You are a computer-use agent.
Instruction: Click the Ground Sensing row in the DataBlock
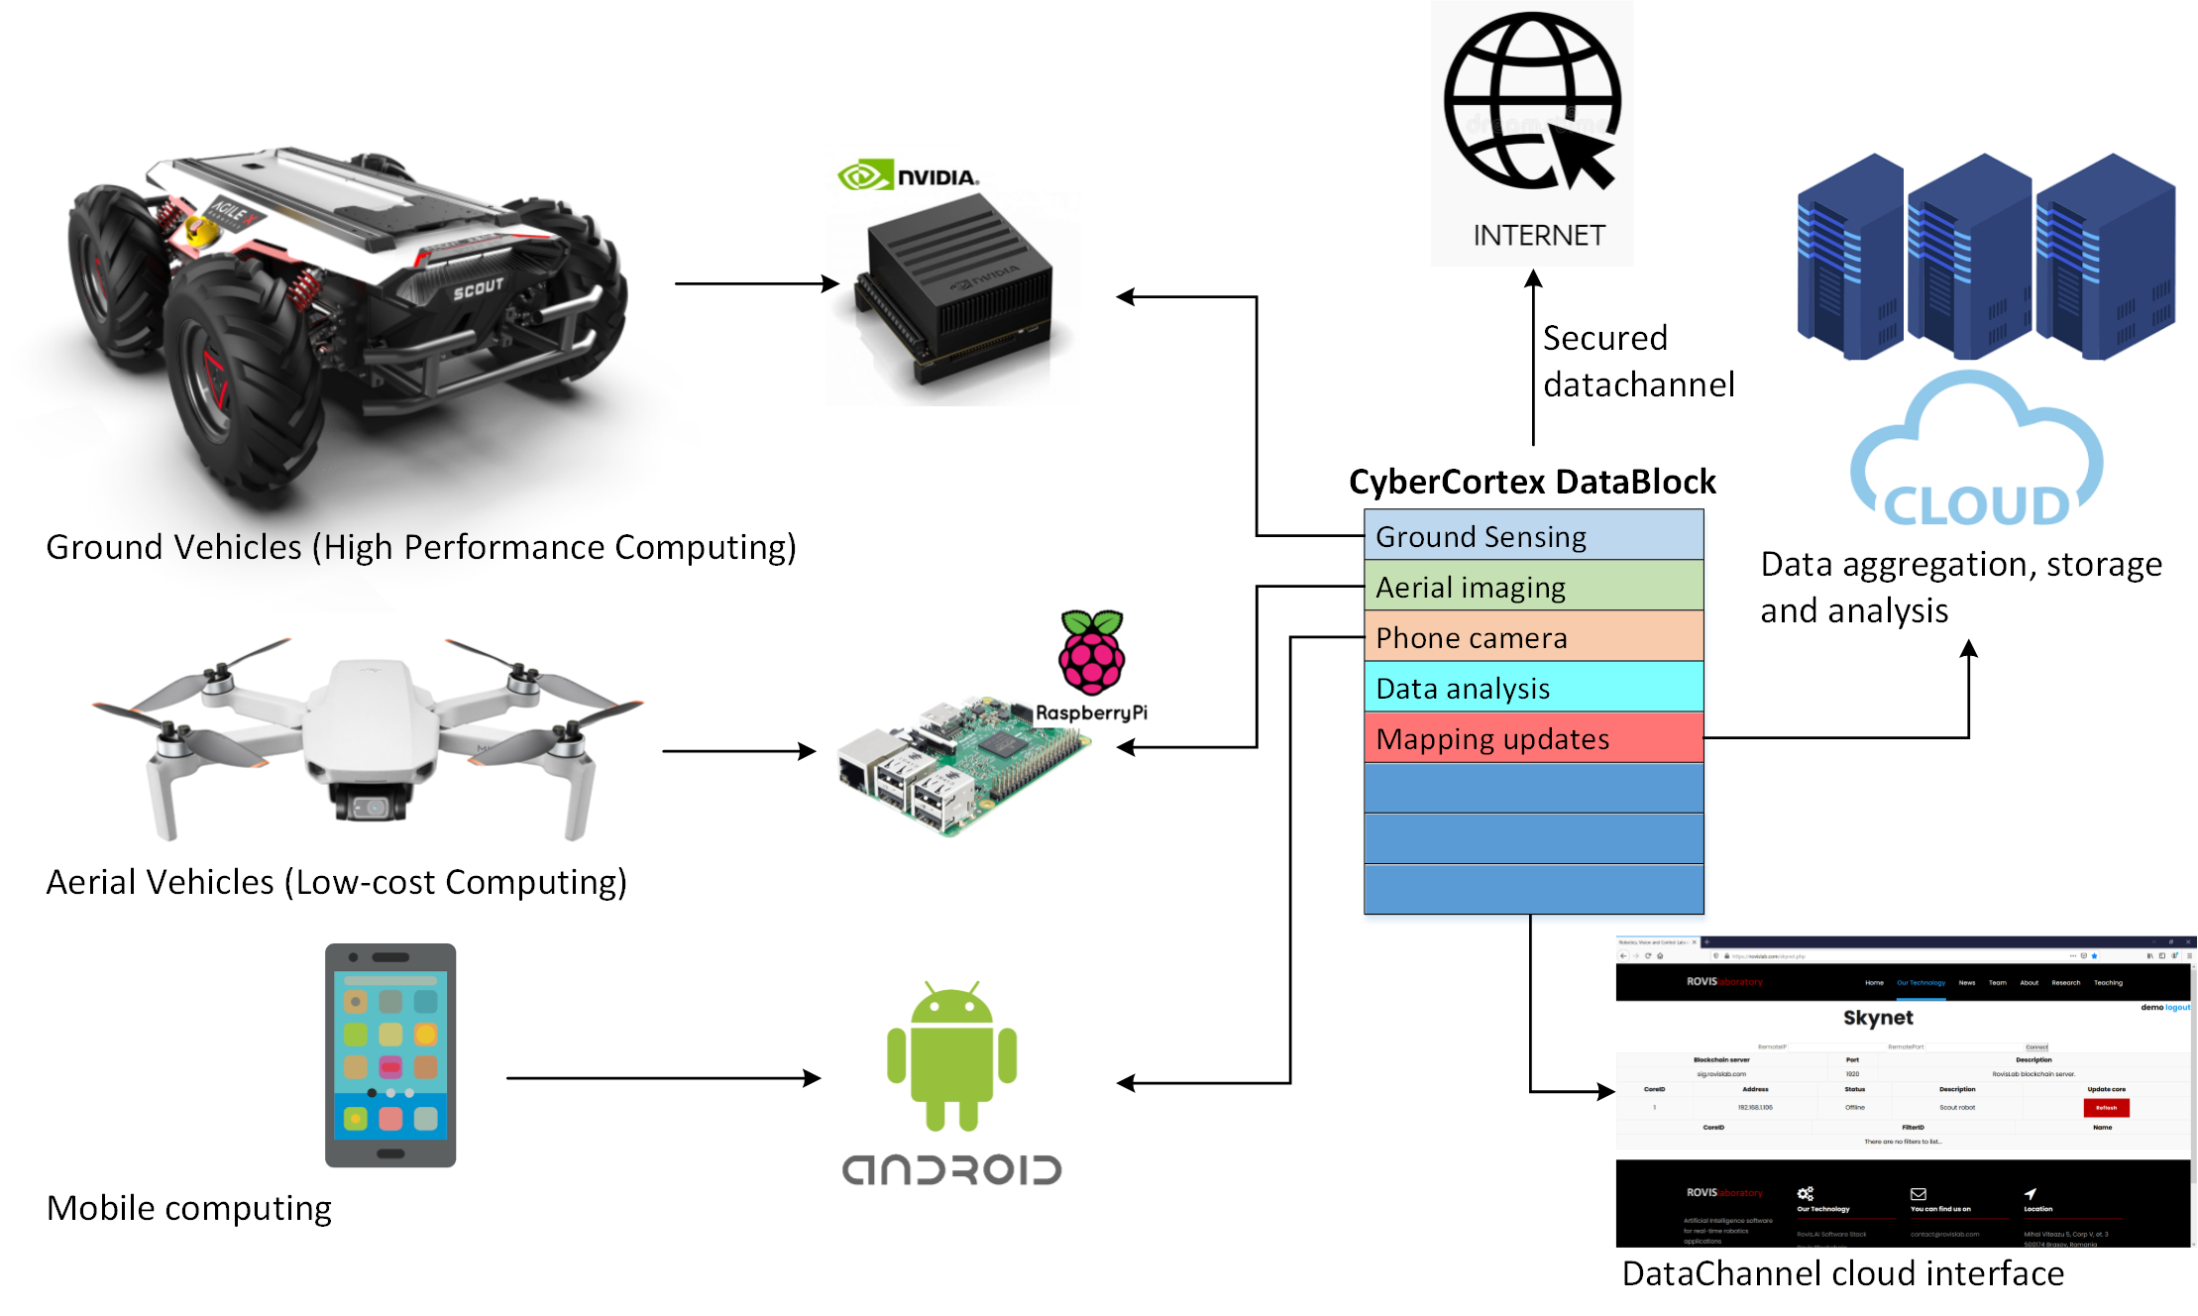pos(1533,536)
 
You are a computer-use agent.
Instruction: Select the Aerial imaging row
pos(1533,587)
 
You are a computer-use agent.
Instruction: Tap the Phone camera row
pos(1533,637)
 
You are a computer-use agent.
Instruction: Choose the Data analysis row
pos(1533,688)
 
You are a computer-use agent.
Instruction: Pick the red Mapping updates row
pos(1533,738)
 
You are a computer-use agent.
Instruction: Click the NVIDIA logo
pos(908,176)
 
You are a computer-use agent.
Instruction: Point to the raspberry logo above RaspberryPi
pos(1091,653)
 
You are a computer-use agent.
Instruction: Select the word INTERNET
pos(1538,236)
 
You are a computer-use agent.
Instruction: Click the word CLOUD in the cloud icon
pos(1975,506)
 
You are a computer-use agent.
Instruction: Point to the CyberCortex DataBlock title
pos(1532,482)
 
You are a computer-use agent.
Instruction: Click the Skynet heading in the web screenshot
pos(1878,1018)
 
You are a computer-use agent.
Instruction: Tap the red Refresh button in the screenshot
pos(2106,1108)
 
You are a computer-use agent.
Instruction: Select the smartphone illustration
pos(390,1054)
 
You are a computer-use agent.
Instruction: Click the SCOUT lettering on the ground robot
pos(479,289)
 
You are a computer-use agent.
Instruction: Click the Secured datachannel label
pos(1638,361)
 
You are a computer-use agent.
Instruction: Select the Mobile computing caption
pos(189,1208)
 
